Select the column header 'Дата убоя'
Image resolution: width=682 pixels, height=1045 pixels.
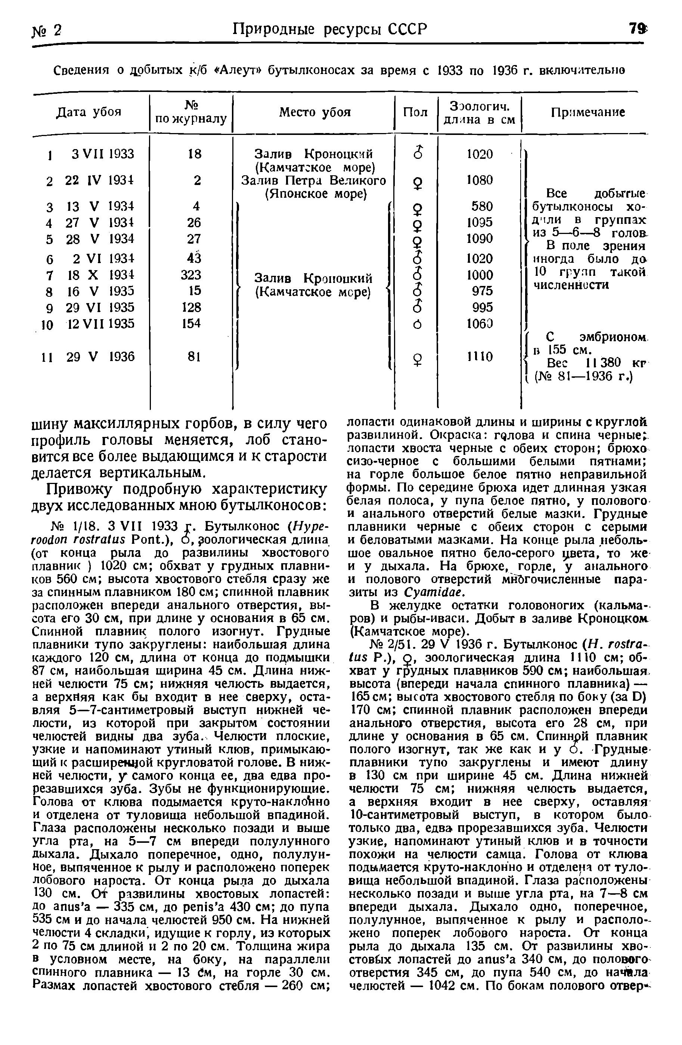click(x=89, y=112)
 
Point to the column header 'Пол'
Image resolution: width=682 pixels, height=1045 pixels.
click(x=415, y=113)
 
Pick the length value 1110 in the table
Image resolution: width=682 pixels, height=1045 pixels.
click(x=480, y=356)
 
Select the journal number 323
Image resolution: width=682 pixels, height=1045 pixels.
click(x=191, y=275)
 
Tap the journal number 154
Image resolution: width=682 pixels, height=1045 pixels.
click(x=191, y=323)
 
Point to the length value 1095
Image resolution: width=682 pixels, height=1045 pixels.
click(x=480, y=222)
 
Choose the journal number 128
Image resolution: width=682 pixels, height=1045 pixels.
click(x=191, y=307)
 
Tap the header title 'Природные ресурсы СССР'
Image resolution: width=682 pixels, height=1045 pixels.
click(x=329, y=30)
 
